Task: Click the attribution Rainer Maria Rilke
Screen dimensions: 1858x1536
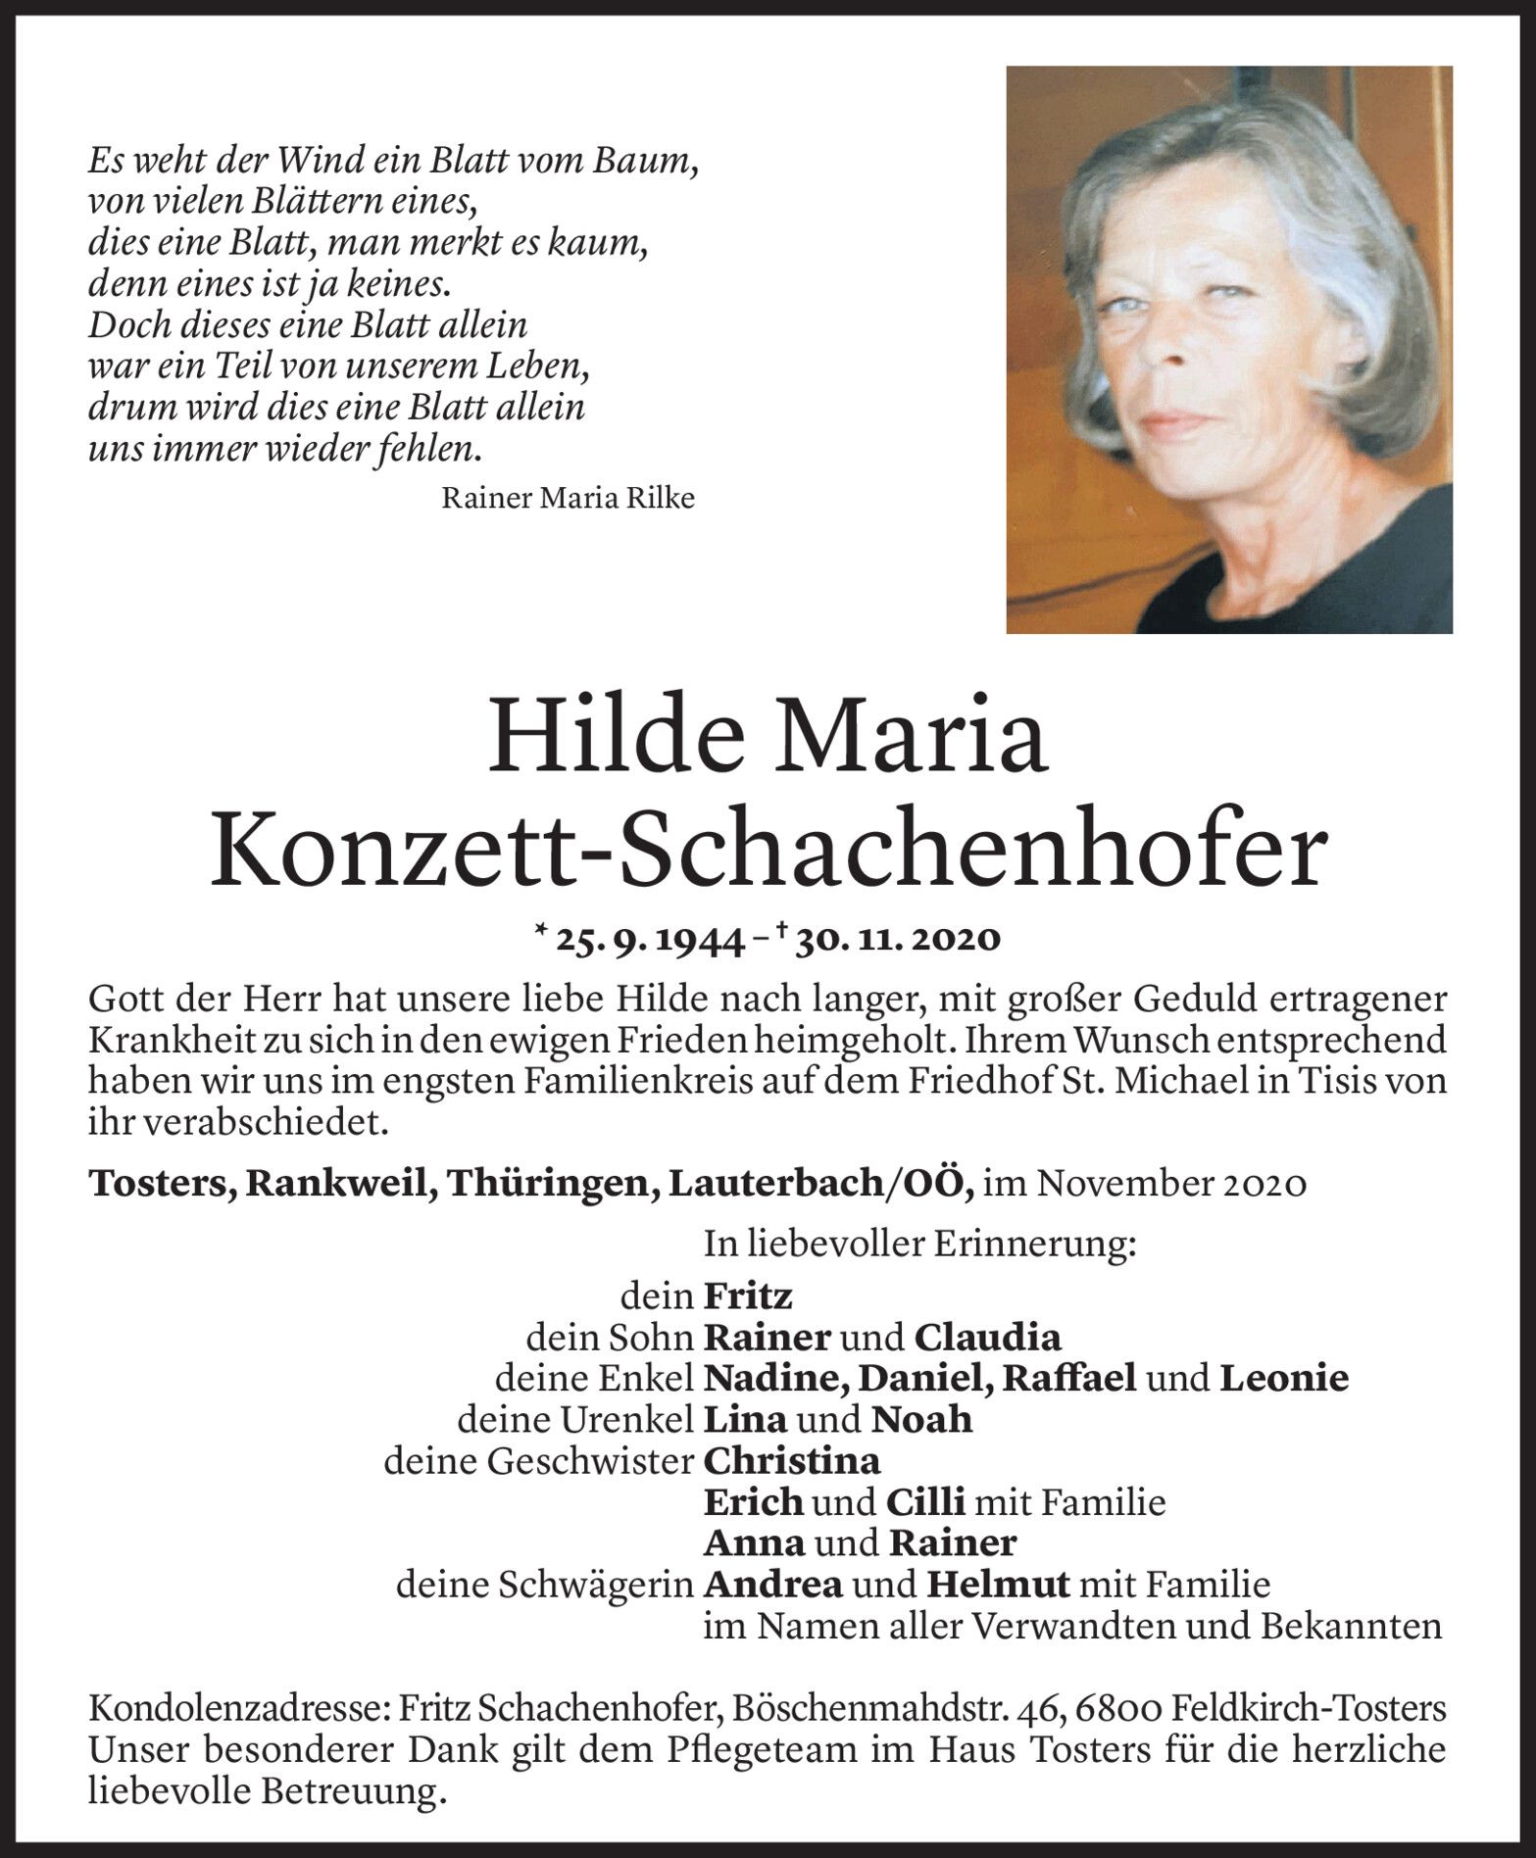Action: (568, 498)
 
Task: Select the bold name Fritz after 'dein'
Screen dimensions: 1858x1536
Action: (748, 1296)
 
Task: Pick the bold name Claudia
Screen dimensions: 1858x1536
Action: (987, 1337)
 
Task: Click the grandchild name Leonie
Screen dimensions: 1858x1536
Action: (1284, 1378)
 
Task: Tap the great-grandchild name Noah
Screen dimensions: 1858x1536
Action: (921, 1419)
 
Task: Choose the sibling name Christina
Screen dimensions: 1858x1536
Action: (792, 1461)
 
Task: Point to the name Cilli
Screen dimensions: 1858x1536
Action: (925, 1502)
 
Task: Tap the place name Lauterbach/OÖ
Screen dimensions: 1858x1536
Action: (820, 1184)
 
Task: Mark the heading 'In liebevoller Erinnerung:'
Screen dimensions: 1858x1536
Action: (919, 1244)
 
